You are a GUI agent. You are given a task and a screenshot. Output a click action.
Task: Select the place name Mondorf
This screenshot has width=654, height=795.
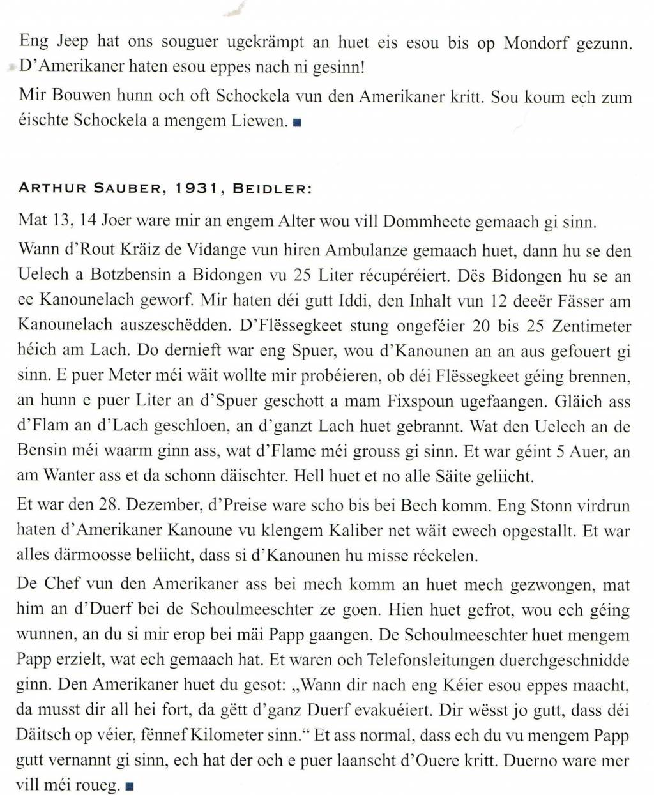click(536, 43)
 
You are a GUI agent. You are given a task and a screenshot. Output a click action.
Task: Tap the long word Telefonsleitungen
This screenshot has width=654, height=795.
click(436, 660)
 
